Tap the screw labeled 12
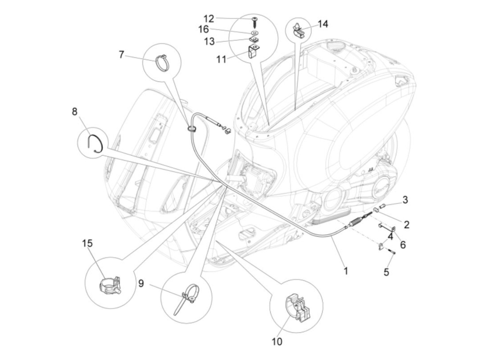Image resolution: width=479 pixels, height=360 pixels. (x=255, y=21)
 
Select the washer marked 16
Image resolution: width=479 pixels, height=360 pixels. (x=254, y=33)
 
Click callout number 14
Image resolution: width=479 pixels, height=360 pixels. (x=323, y=24)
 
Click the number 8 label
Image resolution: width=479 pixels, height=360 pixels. (x=75, y=112)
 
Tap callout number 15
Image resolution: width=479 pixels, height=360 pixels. (x=87, y=244)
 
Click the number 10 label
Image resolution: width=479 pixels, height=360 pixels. (x=277, y=341)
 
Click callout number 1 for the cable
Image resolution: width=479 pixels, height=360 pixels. (x=346, y=271)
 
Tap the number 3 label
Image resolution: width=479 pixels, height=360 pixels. (x=405, y=200)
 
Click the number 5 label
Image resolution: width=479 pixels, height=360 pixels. (x=386, y=272)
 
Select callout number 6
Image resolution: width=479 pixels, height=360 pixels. (x=403, y=245)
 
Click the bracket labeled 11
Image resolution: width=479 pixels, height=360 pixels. (x=253, y=51)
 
